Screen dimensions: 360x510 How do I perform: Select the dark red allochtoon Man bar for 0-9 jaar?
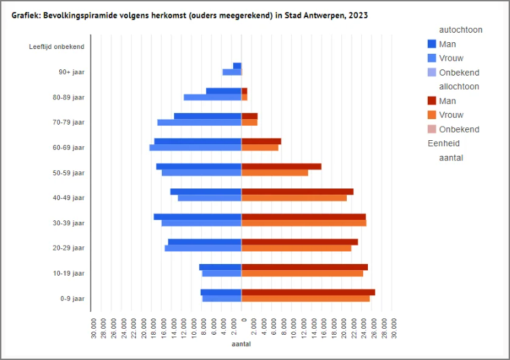click(x=308, y=292)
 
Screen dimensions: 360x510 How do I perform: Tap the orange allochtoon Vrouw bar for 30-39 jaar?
click(x=304, y=223)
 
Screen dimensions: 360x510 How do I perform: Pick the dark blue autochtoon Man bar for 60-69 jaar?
click(x=198, y=141)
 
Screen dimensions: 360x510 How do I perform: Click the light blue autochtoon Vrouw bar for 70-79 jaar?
click(x=199, y=122)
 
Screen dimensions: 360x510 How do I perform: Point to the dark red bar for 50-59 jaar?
click(x=282, y=166)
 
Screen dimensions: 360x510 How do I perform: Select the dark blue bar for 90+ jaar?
click(x=237, y=66)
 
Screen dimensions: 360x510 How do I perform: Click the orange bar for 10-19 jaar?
click(x=302, y=274)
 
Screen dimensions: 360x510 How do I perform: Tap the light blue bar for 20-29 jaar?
click(x=203, y=248)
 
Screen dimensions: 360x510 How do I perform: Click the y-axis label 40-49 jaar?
click(x=70, y=198)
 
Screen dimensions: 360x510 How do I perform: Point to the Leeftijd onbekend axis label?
click(x=61, y=46)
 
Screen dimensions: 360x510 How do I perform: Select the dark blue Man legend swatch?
click(x=431, y=44)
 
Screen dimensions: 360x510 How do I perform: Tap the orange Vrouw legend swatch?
click(x=431, y=115)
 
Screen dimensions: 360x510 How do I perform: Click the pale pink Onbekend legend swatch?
click(x=431, y=129)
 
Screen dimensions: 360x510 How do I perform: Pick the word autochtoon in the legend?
click(x=461, y=30)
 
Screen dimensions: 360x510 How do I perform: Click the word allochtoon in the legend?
click(x=460, y=86)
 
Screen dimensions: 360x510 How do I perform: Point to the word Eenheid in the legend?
click(x=443, y=144)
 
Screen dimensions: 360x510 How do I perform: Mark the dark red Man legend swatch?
click(x=431, y=101)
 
